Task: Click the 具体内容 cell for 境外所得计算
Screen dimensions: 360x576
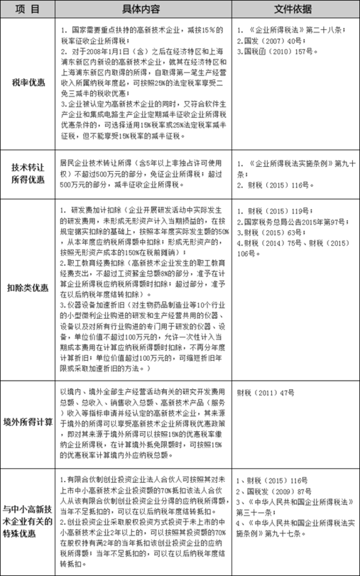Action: coord(142,420)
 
